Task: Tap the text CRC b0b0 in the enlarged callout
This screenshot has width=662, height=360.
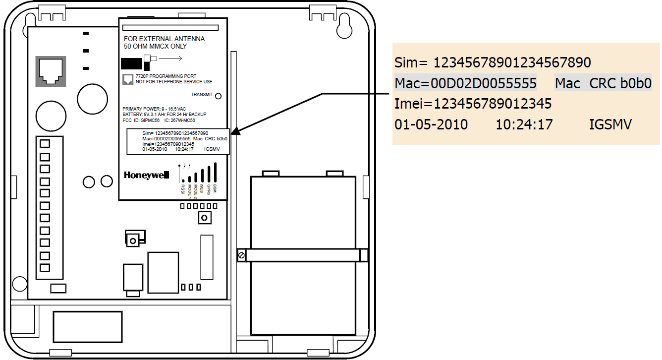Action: (620, 83)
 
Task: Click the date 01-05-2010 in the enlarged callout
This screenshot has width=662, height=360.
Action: (431, 124)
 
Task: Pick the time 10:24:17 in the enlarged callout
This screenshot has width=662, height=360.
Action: (524, 124)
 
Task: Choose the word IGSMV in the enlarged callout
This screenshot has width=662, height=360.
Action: (610, 124)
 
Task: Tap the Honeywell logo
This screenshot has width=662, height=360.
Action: (147, 175)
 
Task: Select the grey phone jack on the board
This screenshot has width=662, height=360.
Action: (51, 71)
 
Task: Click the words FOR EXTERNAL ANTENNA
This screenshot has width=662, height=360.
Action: (164, 39)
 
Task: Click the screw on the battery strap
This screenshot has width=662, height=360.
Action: (241, 255)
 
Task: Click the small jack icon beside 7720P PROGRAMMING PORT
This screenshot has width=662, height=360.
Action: (128, 79)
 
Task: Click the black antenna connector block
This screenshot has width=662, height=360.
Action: (132, 64)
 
